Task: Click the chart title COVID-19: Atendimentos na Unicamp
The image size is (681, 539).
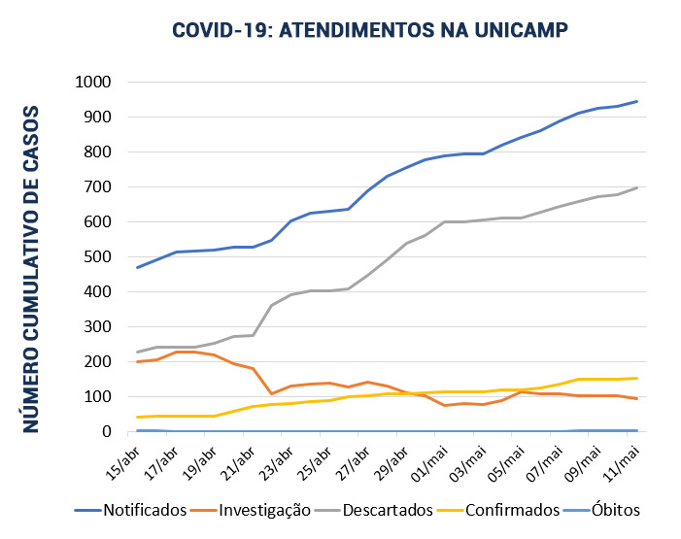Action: (369, 30)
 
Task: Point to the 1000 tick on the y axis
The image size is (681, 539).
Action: (92, 83)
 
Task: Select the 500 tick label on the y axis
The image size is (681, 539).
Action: (97, 257)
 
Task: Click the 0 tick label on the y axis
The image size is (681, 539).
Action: (109, 432)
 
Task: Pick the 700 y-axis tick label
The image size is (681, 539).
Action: (97, 187)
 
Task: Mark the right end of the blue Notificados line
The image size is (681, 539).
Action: (637, 101)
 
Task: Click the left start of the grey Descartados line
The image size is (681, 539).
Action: (138, 352)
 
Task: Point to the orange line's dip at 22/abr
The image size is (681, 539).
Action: (272, 393)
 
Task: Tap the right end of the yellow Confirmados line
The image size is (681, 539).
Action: (637, 378)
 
